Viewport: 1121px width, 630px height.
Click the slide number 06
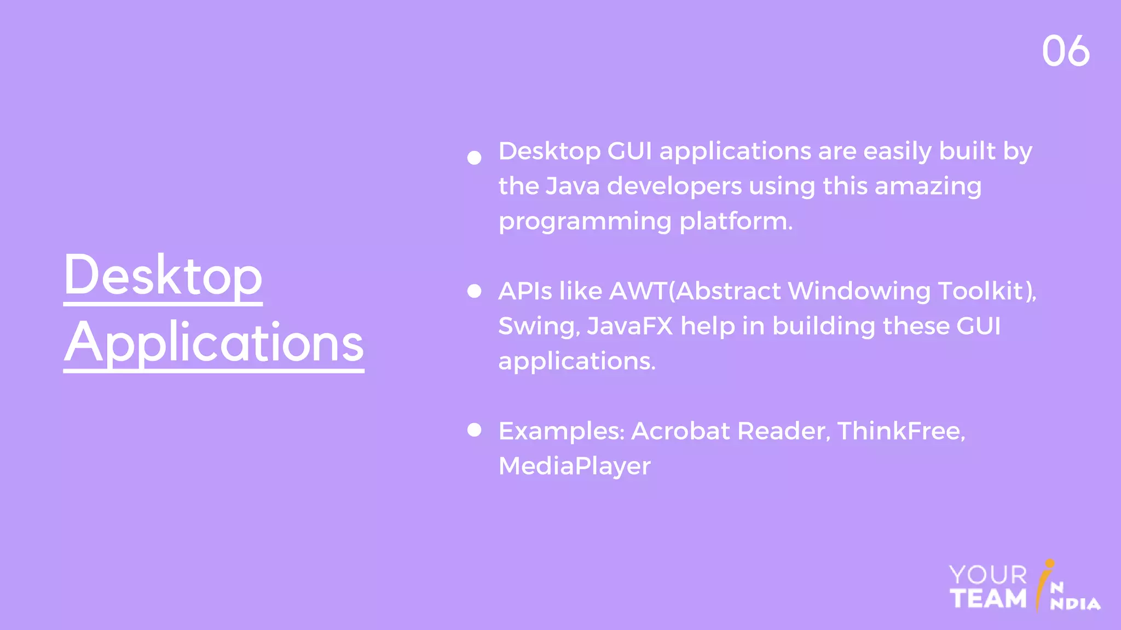[1065, 51]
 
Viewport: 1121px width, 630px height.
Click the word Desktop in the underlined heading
[163, 275]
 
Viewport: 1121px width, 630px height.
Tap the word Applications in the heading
[213, 343]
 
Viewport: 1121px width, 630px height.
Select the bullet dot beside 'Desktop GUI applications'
[475, 158]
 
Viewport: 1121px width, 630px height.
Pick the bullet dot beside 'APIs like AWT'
[475, 291]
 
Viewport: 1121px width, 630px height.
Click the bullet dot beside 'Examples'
[475, 430]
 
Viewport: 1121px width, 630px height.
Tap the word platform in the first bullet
[735, 221]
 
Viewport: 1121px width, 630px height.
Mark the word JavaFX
[629, 326]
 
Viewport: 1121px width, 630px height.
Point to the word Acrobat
[680, 431]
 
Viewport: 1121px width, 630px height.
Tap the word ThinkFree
[899, 431]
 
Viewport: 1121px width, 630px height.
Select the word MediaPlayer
[574, 466]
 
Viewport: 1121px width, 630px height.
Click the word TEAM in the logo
[988, 598]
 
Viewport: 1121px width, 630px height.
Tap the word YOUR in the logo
[988, 575]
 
